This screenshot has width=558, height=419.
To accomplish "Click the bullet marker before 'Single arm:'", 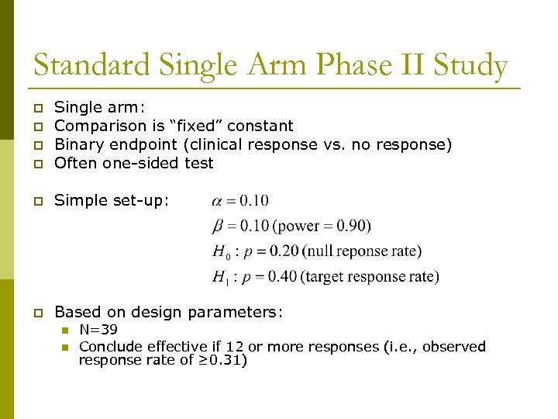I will coord(37,108).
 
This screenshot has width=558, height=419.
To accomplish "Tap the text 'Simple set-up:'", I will coord(111,200).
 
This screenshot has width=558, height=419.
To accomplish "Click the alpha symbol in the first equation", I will coord(217,202).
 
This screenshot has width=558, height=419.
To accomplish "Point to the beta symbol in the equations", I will coord(217,227).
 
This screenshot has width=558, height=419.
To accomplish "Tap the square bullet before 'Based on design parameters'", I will coord(37,313).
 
